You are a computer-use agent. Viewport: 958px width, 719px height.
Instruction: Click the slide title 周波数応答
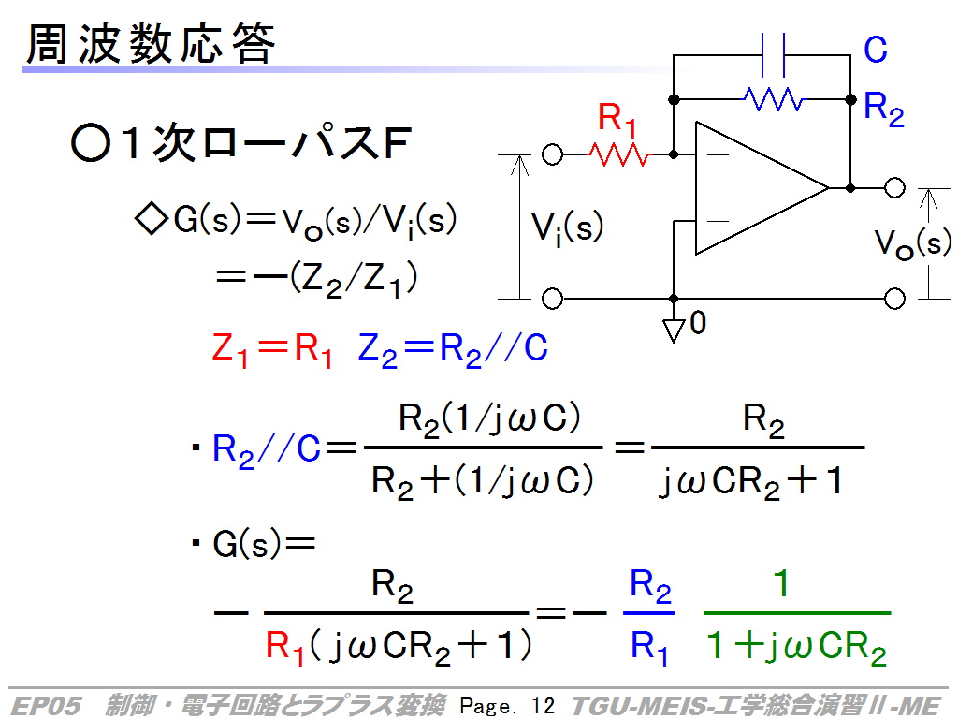(x=151, y=44)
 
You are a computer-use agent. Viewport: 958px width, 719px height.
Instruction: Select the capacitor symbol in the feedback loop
(x=773, y=55)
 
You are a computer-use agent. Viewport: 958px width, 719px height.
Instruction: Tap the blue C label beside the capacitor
(x=875, y=50)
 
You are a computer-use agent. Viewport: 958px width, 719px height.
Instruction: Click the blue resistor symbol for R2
(x=774, y=99)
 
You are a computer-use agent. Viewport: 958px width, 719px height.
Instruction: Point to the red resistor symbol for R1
(x=619, y=154)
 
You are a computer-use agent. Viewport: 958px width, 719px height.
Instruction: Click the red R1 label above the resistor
(x=617, y=119)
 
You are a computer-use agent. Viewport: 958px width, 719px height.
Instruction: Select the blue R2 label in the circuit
(x=883, y=110)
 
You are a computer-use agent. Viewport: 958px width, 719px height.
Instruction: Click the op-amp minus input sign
(x=718, y=154)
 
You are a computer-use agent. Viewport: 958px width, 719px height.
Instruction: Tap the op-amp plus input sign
(x=718, y=221)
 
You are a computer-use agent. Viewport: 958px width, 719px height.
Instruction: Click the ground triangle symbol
(x=674, y=330)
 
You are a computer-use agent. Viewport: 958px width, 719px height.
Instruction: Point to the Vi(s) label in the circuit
(x=567, y=228)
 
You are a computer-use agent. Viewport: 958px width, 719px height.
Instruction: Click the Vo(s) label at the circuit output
(x=913, y=242)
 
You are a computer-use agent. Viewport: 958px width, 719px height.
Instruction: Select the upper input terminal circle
(x=552, y=154)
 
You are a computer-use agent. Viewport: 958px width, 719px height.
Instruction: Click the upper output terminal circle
(x=894, y=187)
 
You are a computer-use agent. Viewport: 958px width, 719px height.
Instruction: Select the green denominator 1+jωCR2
(x=796, y=647)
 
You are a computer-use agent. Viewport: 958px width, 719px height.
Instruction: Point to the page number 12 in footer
(x=544, y=706)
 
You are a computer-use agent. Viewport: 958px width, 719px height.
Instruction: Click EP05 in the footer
(x=46, y=706)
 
